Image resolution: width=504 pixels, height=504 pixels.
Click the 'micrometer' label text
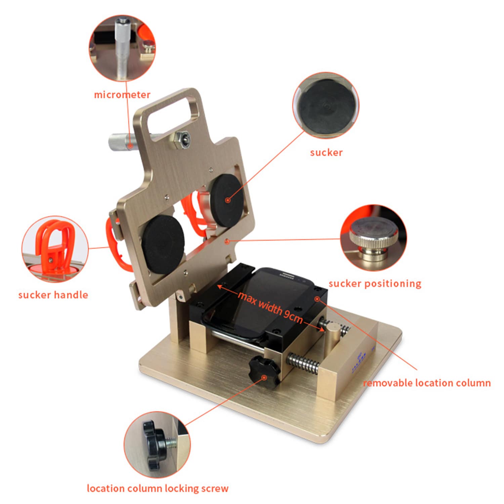click(122, 95)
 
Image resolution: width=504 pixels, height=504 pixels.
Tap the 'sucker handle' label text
click(53, 295)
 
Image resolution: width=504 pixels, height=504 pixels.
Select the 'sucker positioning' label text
click(375, 284)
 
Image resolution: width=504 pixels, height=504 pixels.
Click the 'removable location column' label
click(427, 383)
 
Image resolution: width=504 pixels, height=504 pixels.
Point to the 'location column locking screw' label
click(158, 488)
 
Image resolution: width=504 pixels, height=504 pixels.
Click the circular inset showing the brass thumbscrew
click(373, 238)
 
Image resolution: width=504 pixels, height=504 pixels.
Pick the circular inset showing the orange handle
click(55, 249)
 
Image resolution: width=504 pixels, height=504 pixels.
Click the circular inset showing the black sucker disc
click(326, 106)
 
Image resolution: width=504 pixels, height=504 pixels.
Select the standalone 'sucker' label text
click(326, 153)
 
